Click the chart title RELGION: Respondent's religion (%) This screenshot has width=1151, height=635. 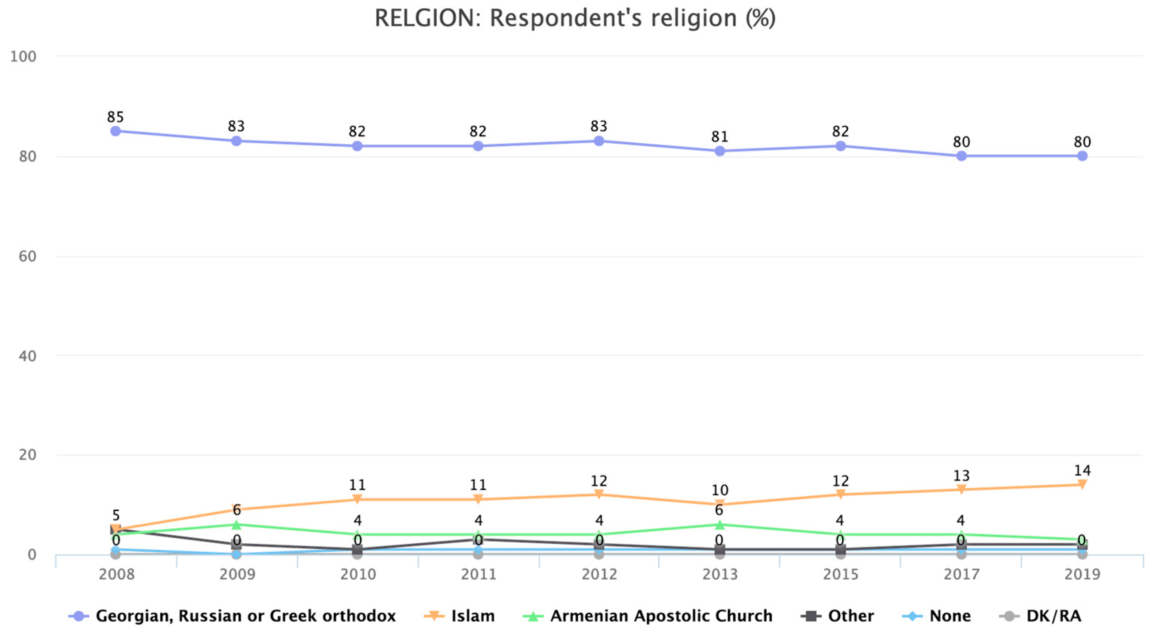[575, 19]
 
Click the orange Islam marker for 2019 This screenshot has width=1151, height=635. [1082, 484]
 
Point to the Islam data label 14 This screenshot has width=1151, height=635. [1082, 470]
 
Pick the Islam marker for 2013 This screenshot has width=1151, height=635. [719, 504]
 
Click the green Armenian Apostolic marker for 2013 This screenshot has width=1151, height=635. [719, 524]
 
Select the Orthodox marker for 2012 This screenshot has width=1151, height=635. [599, 141]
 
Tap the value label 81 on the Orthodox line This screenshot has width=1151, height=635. [719, 137]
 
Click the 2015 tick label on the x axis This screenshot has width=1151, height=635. [840, 574]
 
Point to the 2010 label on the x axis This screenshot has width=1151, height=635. [357, 574]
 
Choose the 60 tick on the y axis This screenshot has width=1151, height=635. [27, 257]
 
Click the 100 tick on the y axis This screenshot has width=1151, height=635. [23, 57]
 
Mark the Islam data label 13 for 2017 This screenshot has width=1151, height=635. [961, 475]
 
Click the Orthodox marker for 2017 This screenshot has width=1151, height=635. [961, 156]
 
